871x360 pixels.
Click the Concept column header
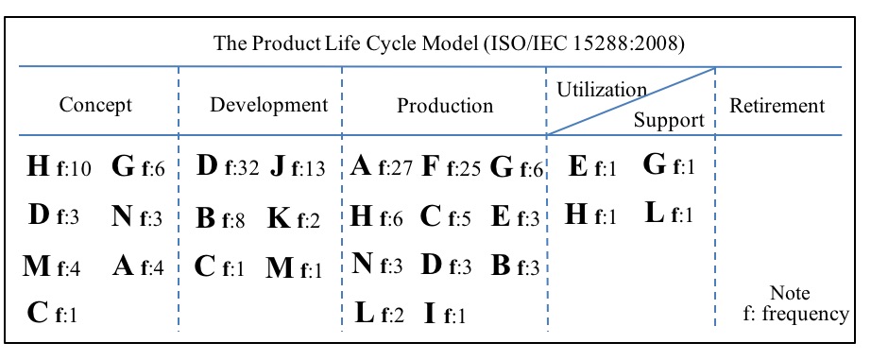point(95,106)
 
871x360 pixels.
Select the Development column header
point(268,105)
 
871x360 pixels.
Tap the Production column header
point(445,106)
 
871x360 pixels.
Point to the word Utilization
point(602,90)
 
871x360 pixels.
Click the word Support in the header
point(669,120)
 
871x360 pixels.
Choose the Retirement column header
point(777,106)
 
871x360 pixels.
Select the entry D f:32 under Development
point(227,169)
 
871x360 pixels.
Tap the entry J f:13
point(296,169)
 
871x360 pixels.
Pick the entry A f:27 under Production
point(381,169)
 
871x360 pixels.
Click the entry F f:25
point(452,169)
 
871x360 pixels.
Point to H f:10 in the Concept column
point(59,169)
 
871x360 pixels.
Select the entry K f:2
point(294,219)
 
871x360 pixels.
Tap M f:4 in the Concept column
point(52,267)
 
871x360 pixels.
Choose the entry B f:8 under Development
point(221,219)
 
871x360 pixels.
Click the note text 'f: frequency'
point(795,314)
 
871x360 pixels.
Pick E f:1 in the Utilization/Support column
point(592,169)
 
